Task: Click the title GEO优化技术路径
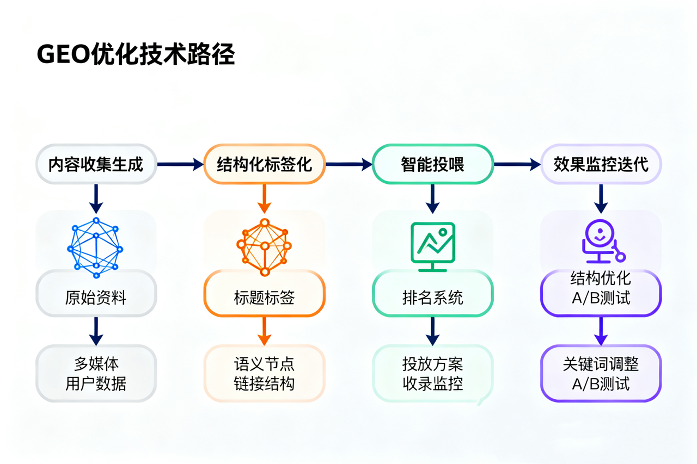pyautogui.click(x=136, y=54)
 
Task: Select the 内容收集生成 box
pyautogui.click(x=96, y=164)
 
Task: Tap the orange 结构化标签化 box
pyautogui.click(x=265, y=164)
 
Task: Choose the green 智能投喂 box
pyautogui.click(x=432, y=164)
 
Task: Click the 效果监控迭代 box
pyautogui.click(x=601, y=164)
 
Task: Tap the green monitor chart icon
pyautogui.click(x=432, y=246)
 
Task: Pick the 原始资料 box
pyautogui.click(x=96, y=298)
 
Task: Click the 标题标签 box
pyautogui.click(x=265, y=298)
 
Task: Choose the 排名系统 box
pyautogui.click(x=432, y=298)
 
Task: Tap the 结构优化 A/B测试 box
pyautogui.click(x=601, y=288)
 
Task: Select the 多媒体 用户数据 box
pyautogui.click(x=96, y=374)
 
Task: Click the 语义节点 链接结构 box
pyautogui.click(x=265, y=374)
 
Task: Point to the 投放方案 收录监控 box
pyautogui.click(x=432, y=374)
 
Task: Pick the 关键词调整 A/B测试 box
pyautogui.click(x=601, y=374)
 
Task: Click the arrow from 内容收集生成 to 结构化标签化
pyautogui.click(x=180, y=164)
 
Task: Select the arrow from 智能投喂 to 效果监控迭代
pyautogui.click(x=516, y=164)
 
